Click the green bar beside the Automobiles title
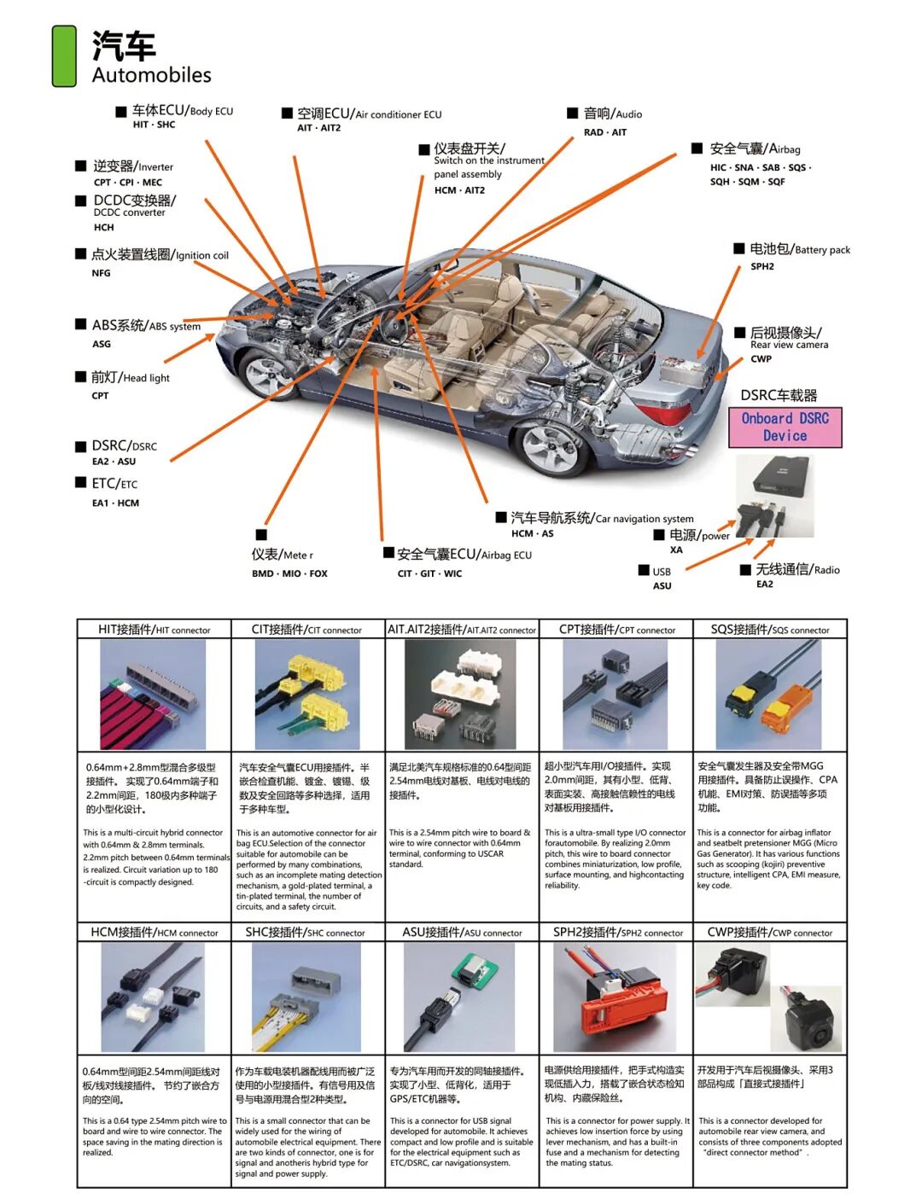[x=64, y=56]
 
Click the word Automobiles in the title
[x=152, y=75]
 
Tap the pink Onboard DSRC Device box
[x=785, y=427]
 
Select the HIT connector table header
[x=154, y=630]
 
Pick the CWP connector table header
[x=769, y=933]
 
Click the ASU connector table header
[x=462, y=933]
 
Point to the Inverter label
[x=133, y=166]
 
